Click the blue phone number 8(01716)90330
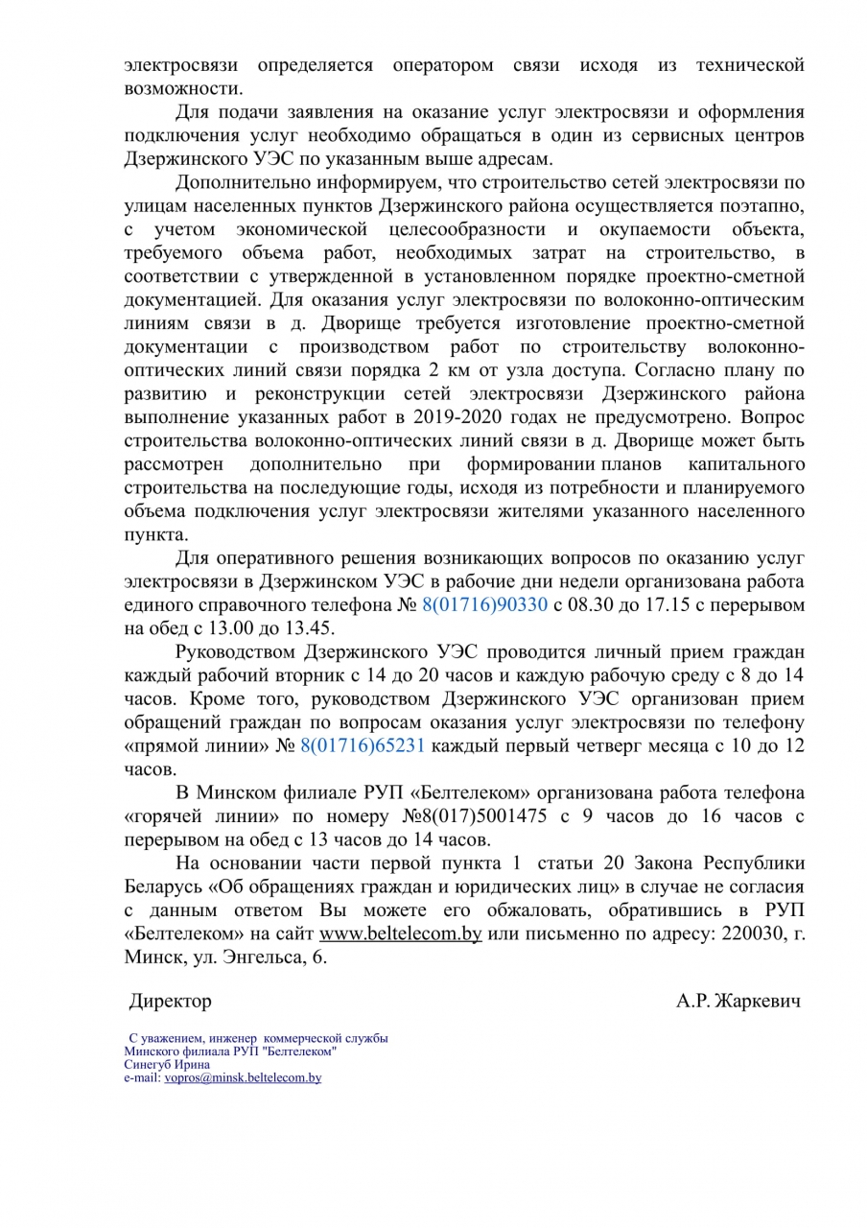point(485,605)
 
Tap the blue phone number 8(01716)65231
point(362,745)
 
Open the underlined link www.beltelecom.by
point(400,933)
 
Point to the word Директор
point(171,1001)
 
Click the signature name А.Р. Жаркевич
point(738,1001)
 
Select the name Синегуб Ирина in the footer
point(167,1065)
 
